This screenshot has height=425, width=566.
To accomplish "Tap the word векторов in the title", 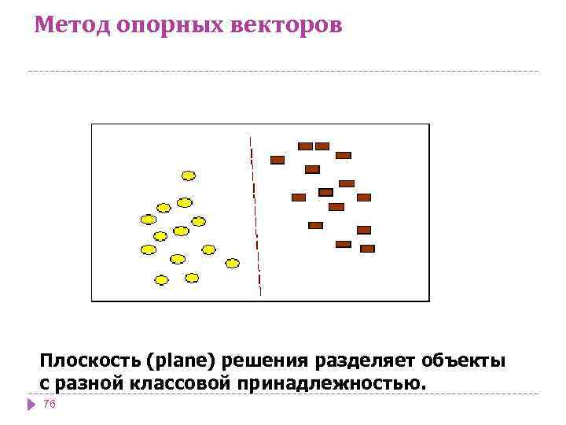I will click(287, 25).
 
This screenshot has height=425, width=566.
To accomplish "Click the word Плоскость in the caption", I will click(88, 361).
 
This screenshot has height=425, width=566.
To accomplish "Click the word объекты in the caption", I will click(462, 361).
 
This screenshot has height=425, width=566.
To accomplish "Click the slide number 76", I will click(50, 403).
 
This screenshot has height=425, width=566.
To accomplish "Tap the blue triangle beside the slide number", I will click(31, 404).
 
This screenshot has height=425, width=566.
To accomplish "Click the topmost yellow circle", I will click(189, 176).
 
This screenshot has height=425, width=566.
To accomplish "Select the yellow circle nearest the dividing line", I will click(232, 263).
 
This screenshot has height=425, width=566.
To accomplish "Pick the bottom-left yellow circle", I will click(161, 279).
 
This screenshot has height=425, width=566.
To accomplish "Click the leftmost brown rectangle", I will click(277, 160).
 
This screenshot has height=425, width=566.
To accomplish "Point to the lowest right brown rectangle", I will click(367, 249).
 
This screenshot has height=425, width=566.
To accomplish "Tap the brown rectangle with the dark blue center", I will click(325, 192).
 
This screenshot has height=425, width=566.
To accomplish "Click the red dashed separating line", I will click(255, 213).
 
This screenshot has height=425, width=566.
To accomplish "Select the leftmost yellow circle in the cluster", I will click(147, 220).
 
